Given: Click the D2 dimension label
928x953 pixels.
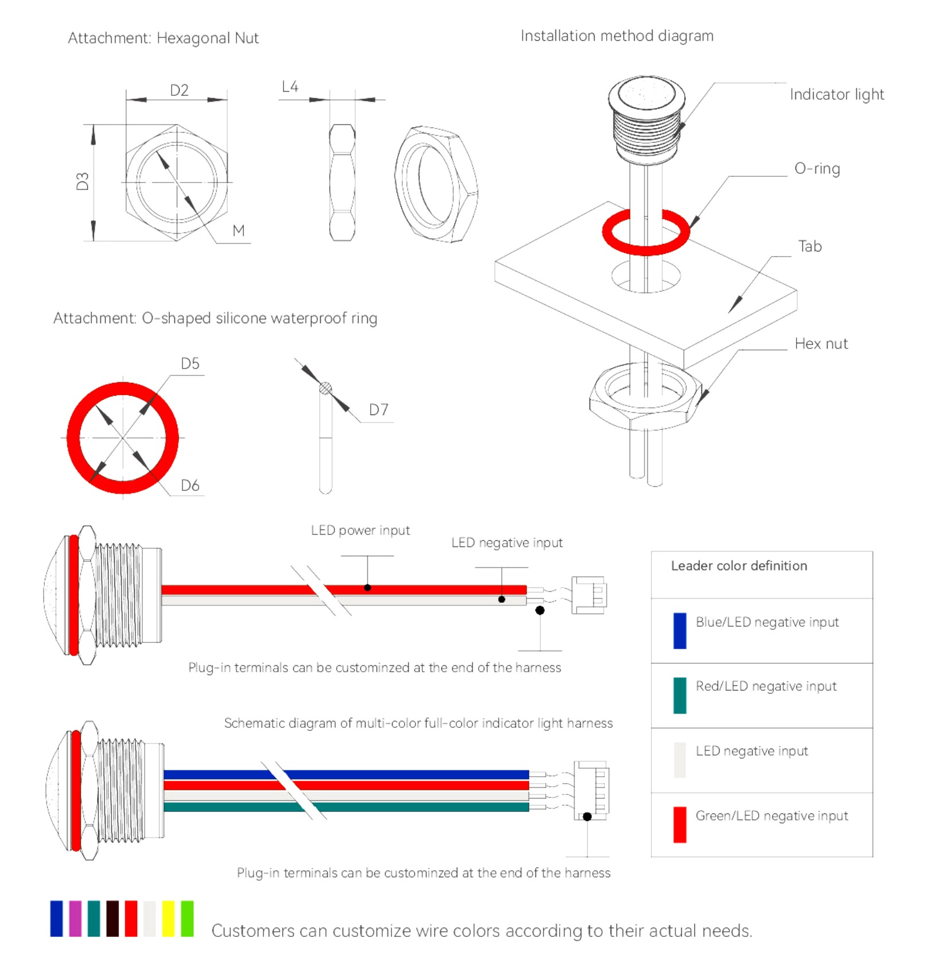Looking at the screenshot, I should pyautogui.click(x=179, y=90).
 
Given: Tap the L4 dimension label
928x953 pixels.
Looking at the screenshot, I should pyautogui.click(x=290, y=87).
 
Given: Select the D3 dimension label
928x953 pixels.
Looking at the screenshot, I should pyautogui.click(x=83, y=181).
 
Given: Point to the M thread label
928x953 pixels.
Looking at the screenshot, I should pyautogui.click(x=239, y=231).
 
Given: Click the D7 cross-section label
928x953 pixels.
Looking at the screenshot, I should pyautogui.click(x=378, y=410).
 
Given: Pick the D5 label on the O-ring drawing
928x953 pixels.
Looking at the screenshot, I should pyautogui.click(x=190, y=363).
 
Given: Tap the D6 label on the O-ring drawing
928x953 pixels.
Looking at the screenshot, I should pyautogui.click(x=190, y=486).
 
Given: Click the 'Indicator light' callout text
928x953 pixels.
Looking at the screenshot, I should pyautogui.click(x=836, y=95).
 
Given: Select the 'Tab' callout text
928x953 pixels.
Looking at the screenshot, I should pyautogui.click(x=810, y=246).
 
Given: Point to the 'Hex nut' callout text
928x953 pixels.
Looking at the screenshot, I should pyautogui.click(x=821, y=344).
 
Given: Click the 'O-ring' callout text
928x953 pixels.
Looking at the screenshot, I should pyautogui.click(x=817, y=169).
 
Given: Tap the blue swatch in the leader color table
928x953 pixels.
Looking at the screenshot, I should pyautogui.click(x=680, y=630).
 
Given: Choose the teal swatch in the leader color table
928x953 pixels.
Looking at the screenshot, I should pyautogui.click(x=680, y=695).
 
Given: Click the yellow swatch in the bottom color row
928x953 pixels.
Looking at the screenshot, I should pyautogui.click(x=168, y=919).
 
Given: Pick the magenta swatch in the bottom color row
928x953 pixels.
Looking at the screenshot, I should pyautogui.click(x=75, y=919).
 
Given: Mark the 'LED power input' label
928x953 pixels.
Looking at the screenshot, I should pyautogui.click(x=360, y=530).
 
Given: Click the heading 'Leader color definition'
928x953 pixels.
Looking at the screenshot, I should pyautogui.click(x=739, y=566).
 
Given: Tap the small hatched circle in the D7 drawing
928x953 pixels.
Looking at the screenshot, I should pyautogui.click(x=325, y=389).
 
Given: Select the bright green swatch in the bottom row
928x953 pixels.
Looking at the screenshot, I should pyautogui.click(x=187, y=919).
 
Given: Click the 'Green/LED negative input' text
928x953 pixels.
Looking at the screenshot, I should pyautogui.click(x=771, y=816).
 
